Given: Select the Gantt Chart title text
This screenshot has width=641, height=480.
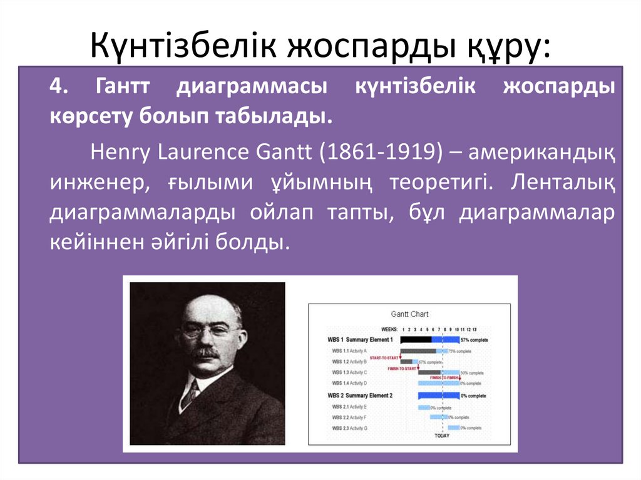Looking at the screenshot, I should (x=410, y=314).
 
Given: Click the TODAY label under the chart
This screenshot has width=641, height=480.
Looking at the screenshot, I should (x=442, y=435).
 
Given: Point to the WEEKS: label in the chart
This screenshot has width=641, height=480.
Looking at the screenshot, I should (x=390, y=329).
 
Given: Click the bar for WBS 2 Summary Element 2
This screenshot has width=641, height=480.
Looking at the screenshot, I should (x=438, y=396).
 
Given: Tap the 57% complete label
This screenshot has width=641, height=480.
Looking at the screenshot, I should (x=474, y=340).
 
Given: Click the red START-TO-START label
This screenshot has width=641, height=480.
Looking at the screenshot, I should (x=384, y=357).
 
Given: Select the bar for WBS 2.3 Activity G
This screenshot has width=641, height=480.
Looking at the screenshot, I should (x=453, y=427).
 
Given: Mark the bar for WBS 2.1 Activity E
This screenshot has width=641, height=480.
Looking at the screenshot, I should (x=424, y=407).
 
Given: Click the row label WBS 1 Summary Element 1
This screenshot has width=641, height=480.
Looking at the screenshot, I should (x=360, y=340).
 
